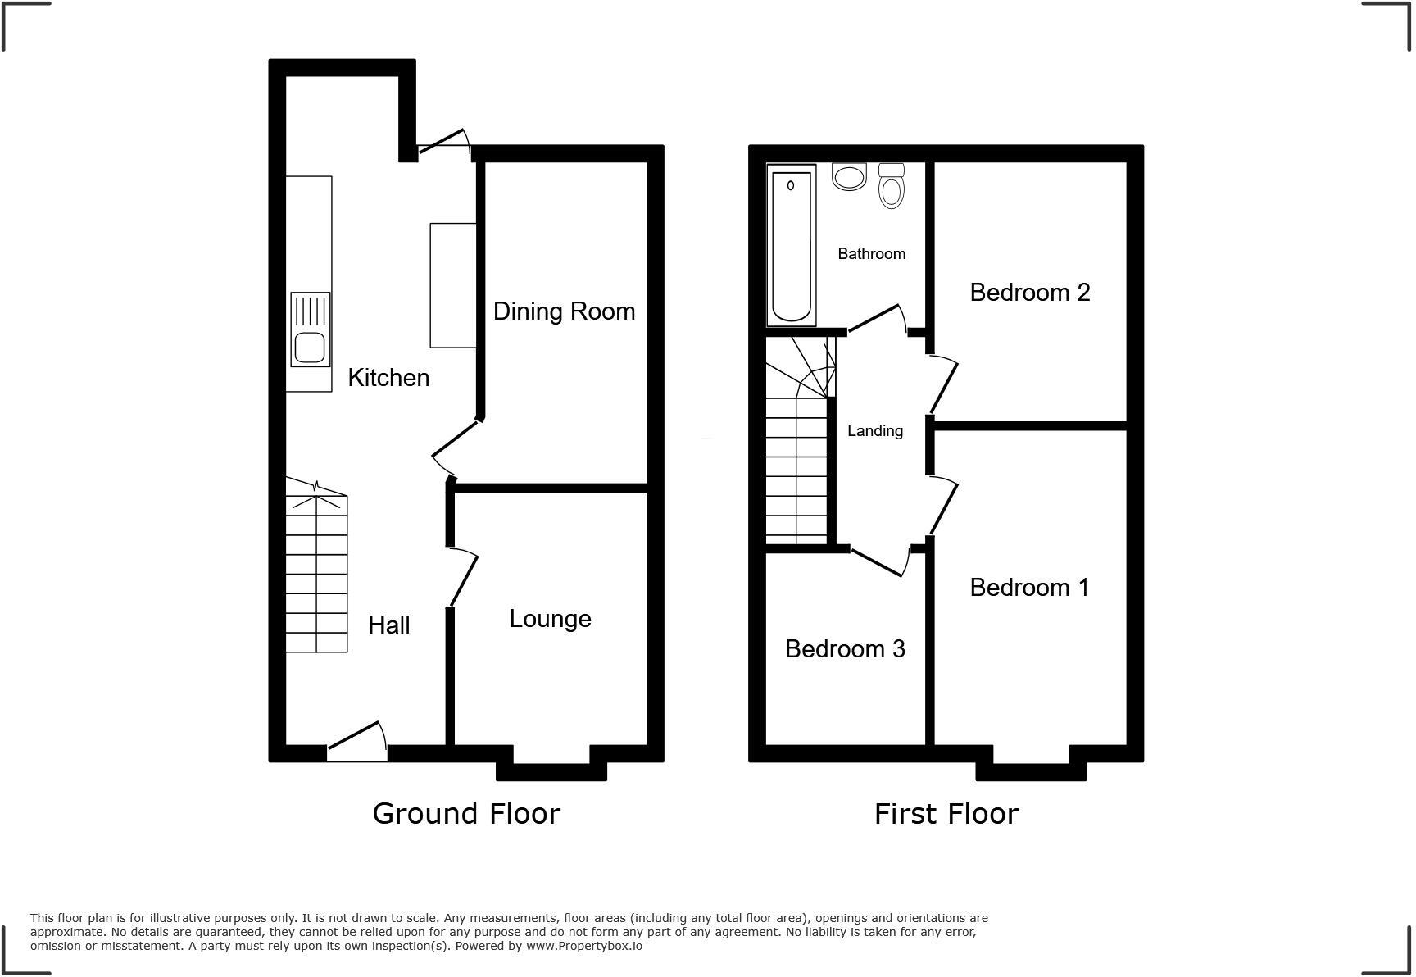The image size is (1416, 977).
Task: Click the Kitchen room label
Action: pyautogui.click(x=388, y=378)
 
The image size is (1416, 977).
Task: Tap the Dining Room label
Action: pyautogui.click(x=564, y=311)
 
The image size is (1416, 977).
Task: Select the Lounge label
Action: pyautogui.click(x=550, y=619)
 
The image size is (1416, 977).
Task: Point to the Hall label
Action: pyautogui.click(x=388, y=625)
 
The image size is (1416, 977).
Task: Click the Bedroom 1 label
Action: pyautogui.click(x=1029, y=588)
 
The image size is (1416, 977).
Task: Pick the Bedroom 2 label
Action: pyautogui.click(x=1029, y=293)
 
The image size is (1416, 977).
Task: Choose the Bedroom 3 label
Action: pyautogui.click(x=845, y=649)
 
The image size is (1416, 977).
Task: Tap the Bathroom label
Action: pyautogui.click(x=871, y=254)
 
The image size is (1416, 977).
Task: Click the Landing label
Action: pyautogui.click(x=874, y=431)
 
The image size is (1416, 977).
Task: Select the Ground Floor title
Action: pyautogui.click(x=466, y=814)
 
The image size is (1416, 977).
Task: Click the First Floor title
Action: pyautogui.click(x=946, y=814)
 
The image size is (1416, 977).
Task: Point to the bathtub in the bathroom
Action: pyautogui.click(x=791, y=244)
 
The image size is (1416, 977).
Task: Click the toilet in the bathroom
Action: pyautogui.click(x=891, y=187)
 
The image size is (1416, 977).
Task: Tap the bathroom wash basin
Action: pyautogui.click(x=849, y=177)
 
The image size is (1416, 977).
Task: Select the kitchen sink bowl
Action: pyautogui.click(x=310, y=347)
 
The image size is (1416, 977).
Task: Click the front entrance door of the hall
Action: pyautogui.click(x=357, y=740)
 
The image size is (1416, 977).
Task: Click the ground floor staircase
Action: pyautogui.click(x=316, y=574)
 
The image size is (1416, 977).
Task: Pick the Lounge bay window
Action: pyautogui.click(x=551, y=765)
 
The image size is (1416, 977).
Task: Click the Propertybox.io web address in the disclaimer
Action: pyautogui.click(x=583, y=946)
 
